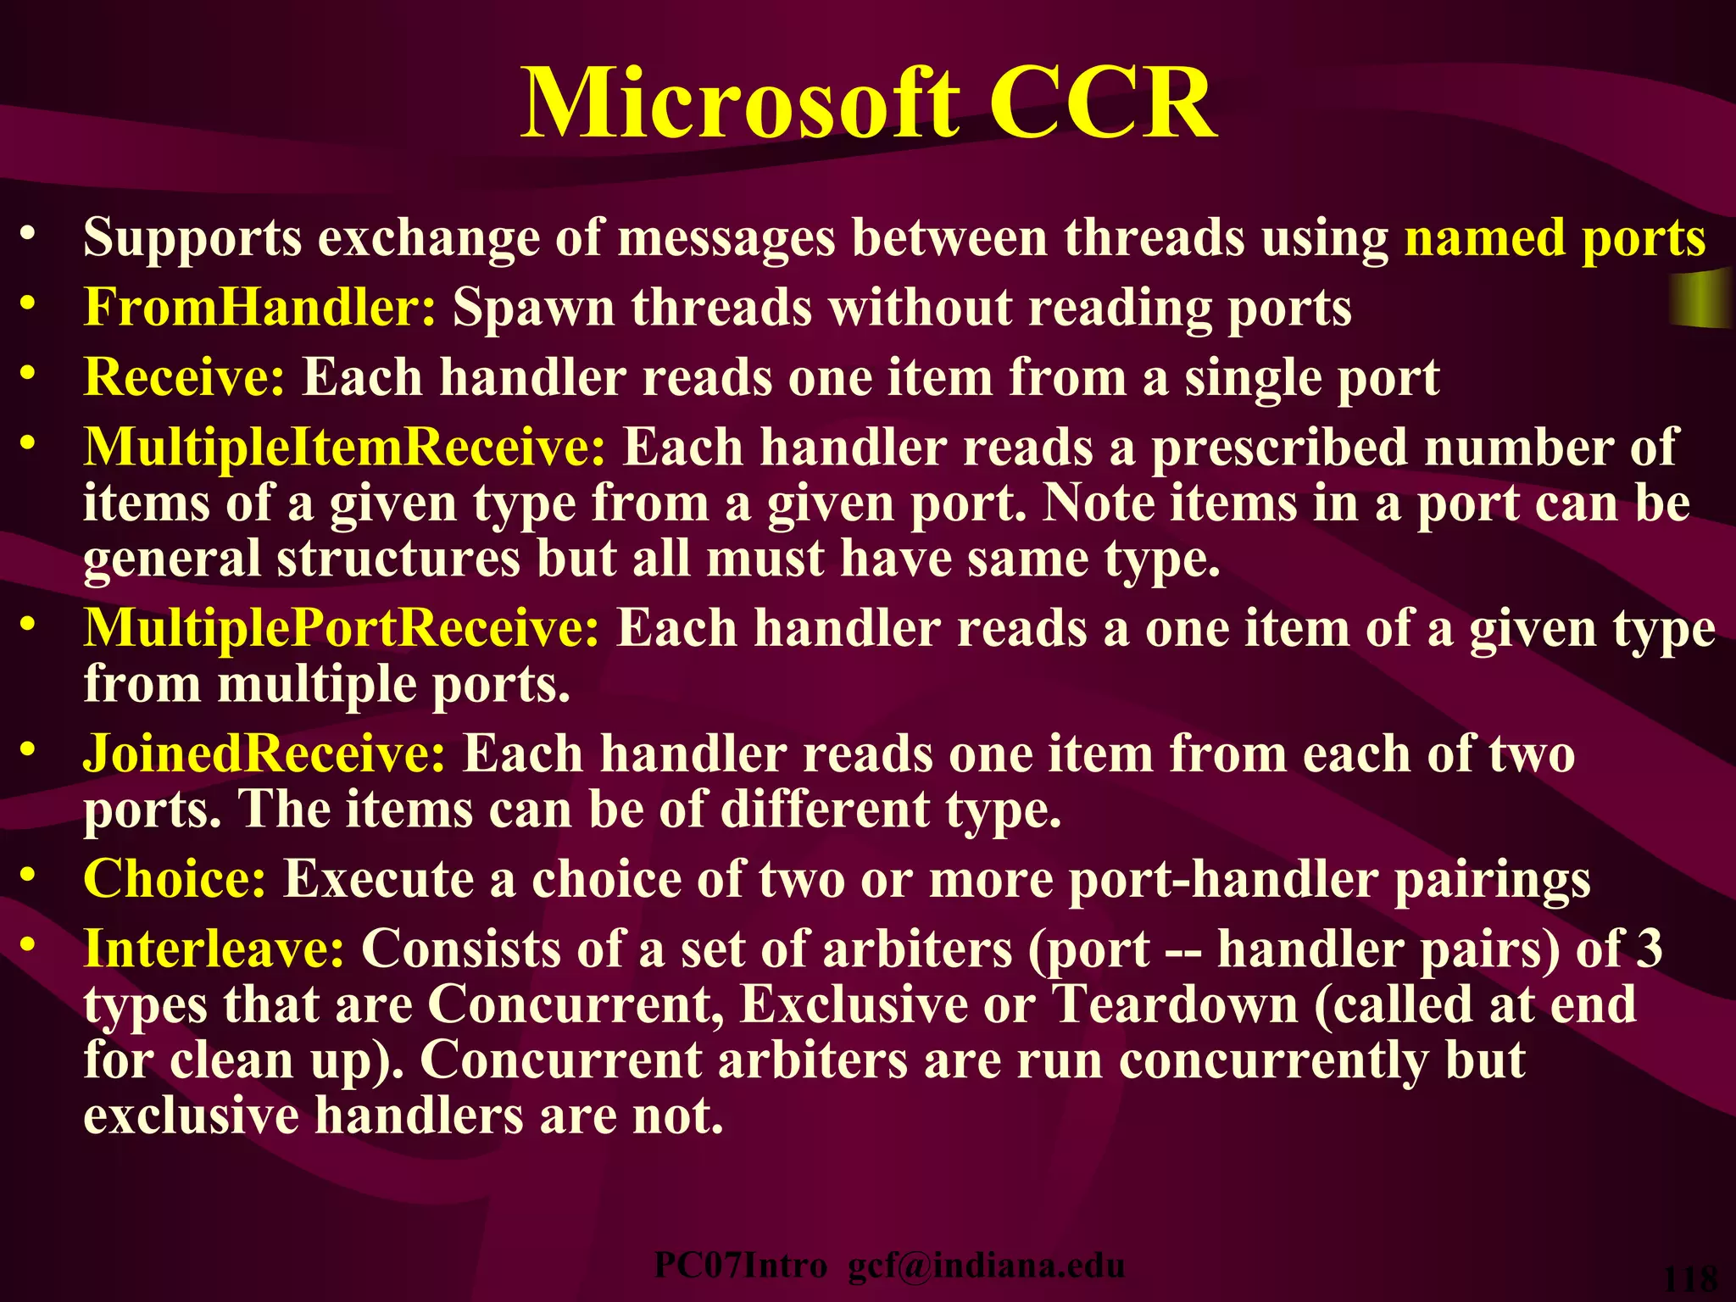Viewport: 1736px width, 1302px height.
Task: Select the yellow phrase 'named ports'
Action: (x=1555, y=238)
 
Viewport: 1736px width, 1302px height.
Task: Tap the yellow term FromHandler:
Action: (x=259, y=307)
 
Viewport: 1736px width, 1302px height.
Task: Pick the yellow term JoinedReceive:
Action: (x=264, y=753)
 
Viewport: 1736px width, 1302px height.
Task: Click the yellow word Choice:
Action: (x=175, y=878)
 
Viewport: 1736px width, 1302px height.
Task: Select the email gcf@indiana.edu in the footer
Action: (x=987, y=1266)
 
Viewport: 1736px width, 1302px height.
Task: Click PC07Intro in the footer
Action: (x=740, y=1266)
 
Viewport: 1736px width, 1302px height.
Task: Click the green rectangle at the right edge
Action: (x=1701, y=298)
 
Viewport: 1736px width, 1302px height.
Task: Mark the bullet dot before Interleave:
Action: (x=29, y=943)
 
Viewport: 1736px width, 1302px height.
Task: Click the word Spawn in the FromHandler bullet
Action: (x=533, y=307)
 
